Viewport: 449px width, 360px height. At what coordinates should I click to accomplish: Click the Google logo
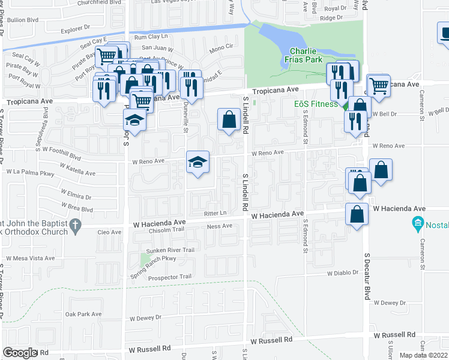[x=20, y=353]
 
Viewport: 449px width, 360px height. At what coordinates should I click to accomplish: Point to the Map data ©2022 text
[x=424, y=355]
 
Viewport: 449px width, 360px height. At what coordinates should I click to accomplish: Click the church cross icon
[x=74, y=226]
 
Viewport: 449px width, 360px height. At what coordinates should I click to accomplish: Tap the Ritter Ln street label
[x=214, y=213]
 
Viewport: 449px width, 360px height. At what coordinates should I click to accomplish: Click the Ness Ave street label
[x=219, y=226]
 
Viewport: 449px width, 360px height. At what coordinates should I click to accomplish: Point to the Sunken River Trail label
[x=171, y=250]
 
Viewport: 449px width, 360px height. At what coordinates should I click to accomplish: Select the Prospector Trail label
[x=169, y=277]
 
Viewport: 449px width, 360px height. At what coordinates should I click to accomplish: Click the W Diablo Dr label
[x=342, y=272]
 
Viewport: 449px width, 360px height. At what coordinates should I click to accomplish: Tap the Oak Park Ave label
[x=83, y=314]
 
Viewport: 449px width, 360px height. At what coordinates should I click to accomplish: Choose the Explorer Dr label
[x=74, y=28]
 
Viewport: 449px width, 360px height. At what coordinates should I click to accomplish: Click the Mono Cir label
[x=221, y=46]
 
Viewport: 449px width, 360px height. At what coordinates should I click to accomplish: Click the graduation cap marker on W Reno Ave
[x=197, y=163]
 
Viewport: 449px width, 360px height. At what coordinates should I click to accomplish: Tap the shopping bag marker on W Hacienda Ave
[x=357, y=214]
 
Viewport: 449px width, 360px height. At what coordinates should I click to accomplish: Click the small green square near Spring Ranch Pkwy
[x=144, y=260]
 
